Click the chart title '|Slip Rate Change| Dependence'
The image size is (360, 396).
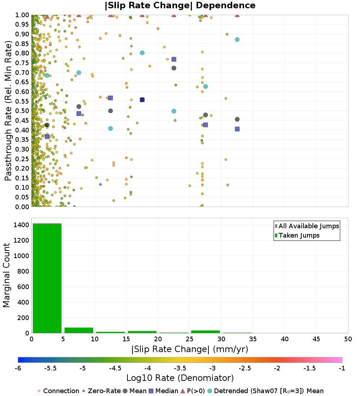180,5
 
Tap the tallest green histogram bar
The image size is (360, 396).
47,278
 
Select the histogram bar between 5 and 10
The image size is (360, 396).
79,330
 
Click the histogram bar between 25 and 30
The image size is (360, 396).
206,332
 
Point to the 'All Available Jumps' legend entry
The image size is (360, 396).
307,226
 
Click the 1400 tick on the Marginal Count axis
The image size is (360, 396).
22,225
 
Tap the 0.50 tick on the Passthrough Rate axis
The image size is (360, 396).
22,111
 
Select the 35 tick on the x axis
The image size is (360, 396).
253,339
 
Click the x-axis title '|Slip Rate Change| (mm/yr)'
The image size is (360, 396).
190,349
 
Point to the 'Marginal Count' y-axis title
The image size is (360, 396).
6,275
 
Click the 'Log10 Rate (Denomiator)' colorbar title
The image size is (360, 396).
180,378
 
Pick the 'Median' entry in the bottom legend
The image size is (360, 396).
164,391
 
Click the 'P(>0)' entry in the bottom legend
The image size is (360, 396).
193,391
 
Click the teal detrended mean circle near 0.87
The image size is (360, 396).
237,39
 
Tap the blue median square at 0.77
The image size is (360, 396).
174,59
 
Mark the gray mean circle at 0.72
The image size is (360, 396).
174,68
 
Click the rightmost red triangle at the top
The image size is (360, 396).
237,15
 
